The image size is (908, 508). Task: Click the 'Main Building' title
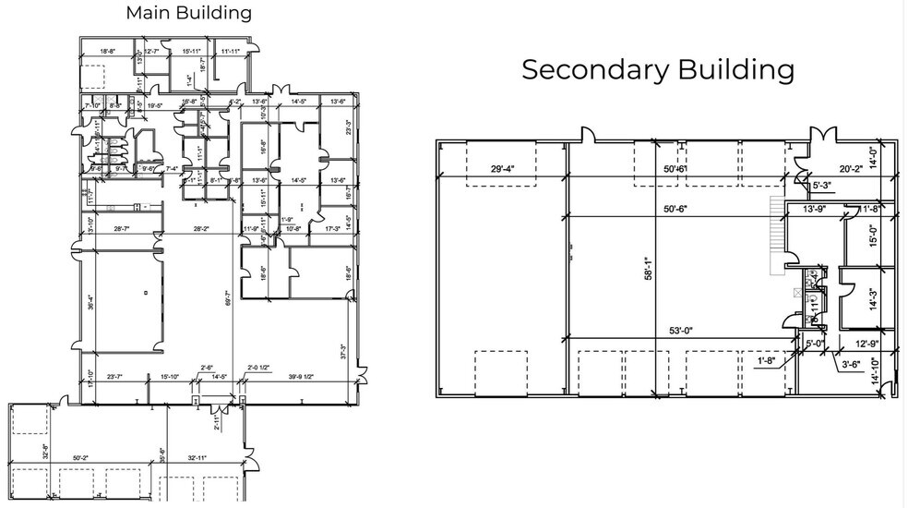188,13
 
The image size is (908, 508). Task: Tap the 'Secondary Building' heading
658,69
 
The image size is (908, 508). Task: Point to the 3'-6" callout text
852,365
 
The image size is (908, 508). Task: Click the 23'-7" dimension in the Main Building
115,377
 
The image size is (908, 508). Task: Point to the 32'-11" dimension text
197,457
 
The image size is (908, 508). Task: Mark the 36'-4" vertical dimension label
90,302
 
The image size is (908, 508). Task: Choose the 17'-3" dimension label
331,227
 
